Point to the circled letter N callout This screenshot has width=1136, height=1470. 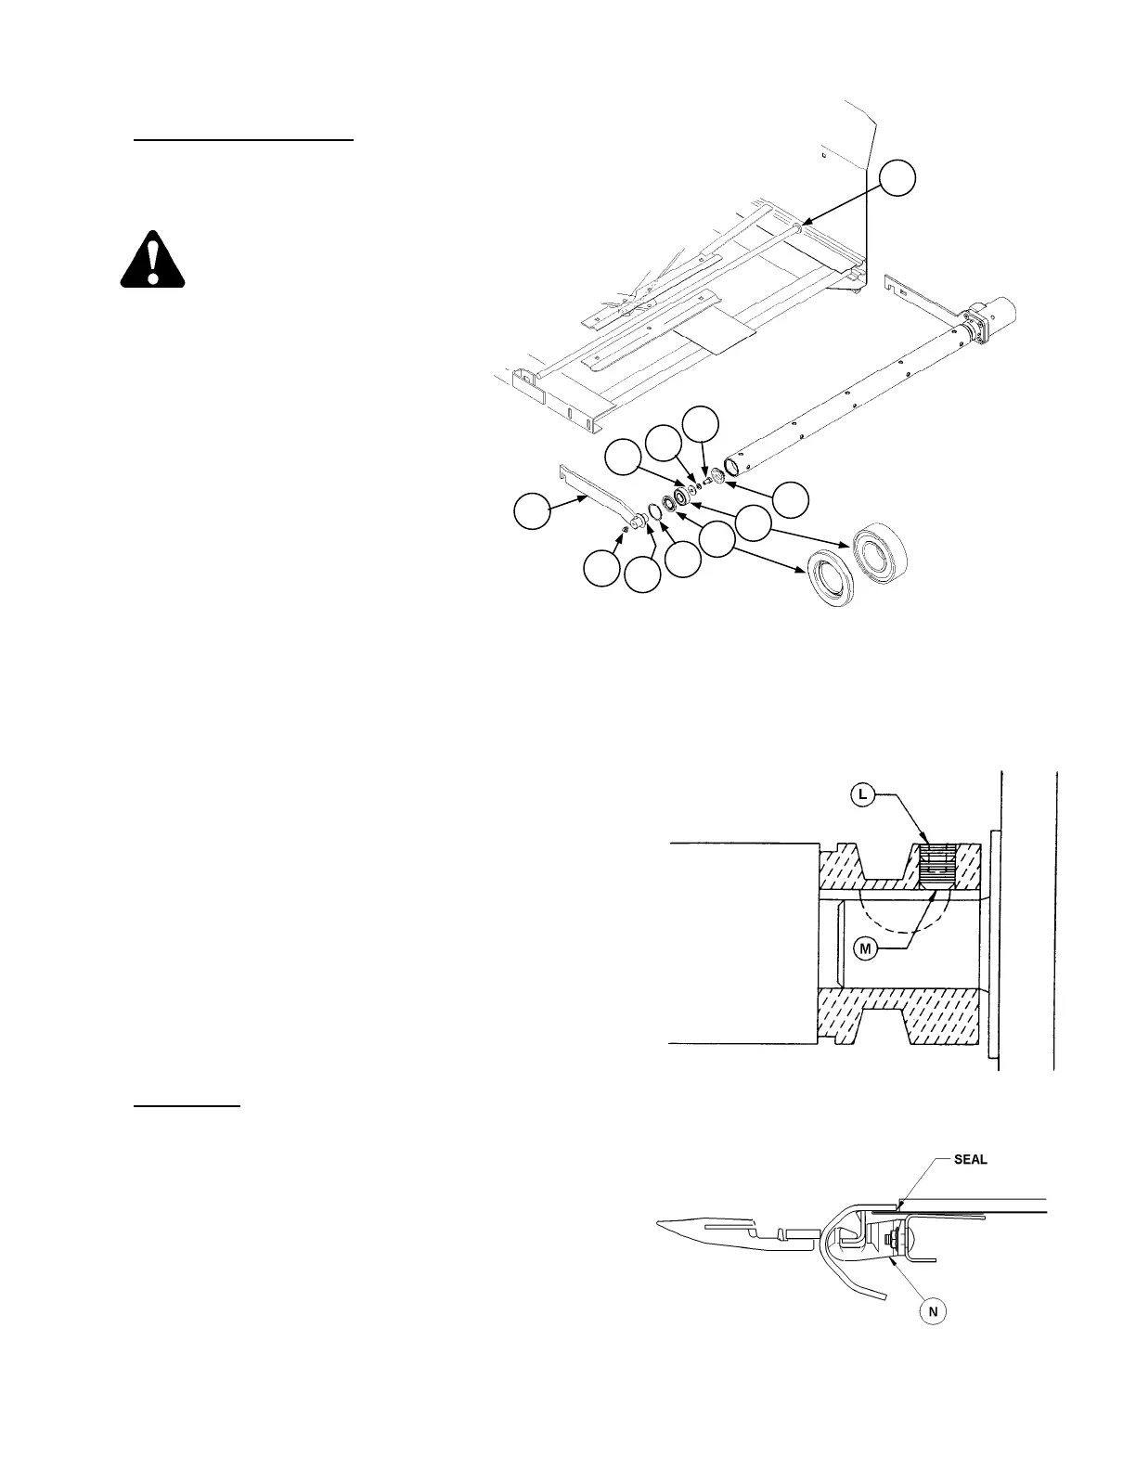click(x=934, y=1311)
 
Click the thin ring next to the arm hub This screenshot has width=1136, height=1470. click(x=654, y=511)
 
